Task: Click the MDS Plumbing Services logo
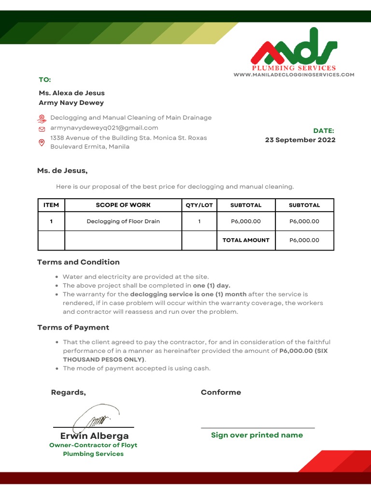coord(294,54)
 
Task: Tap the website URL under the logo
coord(294,74)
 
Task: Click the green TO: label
coord(45,80)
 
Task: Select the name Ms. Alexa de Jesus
coord(71,93)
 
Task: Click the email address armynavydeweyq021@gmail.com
coord(104,128)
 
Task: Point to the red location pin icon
coord(42,142)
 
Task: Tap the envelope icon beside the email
coord(42,129)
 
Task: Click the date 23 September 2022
coord(300,140)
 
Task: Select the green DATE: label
coord(324,131)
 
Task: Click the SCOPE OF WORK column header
coord(123,205)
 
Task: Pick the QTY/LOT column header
coord(199,205)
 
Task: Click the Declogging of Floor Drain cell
coord(123,221)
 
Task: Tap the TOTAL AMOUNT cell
coord(246,240)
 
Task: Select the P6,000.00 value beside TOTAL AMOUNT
coord(304,240)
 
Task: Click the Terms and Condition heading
coord(78,262)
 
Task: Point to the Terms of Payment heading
coord(73,327)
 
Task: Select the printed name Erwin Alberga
coord(95,436)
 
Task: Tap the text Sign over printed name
coord(257,435)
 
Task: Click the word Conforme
coord(221,392)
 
